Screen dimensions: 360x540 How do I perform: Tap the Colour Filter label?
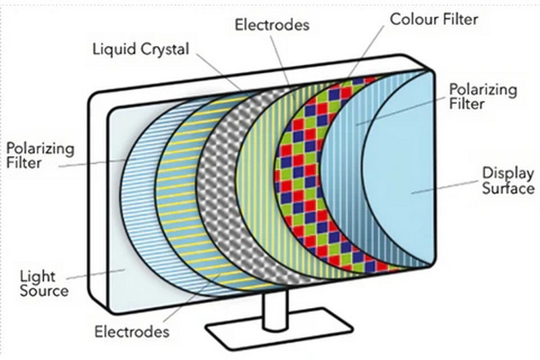click(434, 18)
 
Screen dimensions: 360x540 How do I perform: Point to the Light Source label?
click(44, 284)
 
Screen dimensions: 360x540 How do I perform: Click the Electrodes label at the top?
click(271, 25)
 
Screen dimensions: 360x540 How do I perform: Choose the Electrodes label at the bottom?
click(131, 332)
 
